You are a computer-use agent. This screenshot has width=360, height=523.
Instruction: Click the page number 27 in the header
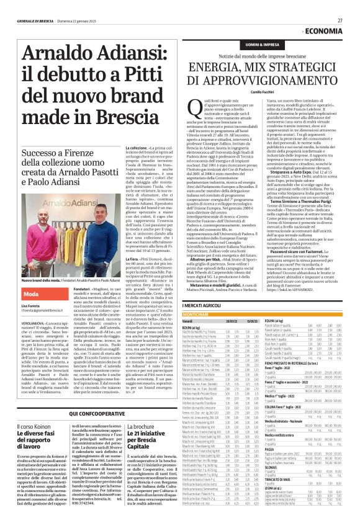coord(340,20)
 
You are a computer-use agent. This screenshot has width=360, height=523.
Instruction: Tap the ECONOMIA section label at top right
coord(324,31)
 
